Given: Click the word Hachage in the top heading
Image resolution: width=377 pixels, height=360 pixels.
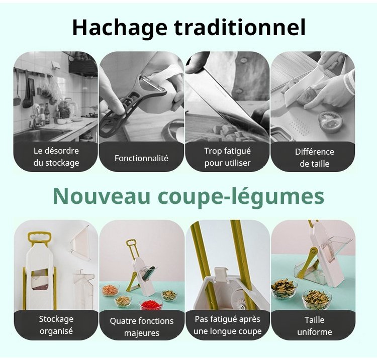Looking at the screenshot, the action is pyautogui.click(x=120, y=28).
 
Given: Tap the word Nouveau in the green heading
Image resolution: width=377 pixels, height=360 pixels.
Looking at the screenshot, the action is pyautogui.click(x=102, y=196).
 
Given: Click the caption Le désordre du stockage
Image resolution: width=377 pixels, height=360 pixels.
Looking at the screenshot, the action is pyautogui.click(x=56, y=157).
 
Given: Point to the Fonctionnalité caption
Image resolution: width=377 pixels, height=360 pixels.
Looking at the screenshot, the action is pyautogui.click(x=141, y=158).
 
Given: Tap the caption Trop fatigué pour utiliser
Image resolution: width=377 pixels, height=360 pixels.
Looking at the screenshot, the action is pyautogui.click(x=227, y=157).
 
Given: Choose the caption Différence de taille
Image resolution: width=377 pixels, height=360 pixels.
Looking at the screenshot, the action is pyautogui.click(x=315, y=158).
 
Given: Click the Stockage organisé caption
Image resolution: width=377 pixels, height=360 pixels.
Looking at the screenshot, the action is pyautogui.click(x=56, y=325).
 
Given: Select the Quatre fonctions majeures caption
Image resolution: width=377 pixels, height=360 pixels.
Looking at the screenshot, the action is pyautogui.click(x=142, y=327).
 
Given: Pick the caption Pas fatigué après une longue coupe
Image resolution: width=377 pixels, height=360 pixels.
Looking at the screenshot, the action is pyautogui.click(x=227, y=325).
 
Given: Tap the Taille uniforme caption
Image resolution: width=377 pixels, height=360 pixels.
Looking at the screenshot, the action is pyautogui.click(x=315, y=326).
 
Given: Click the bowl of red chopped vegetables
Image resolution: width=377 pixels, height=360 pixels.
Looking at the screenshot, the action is pyautogui.click(x=151, y=305).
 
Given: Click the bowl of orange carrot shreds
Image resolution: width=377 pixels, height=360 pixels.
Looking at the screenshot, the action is pyautogui.click(x=110, y=290).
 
